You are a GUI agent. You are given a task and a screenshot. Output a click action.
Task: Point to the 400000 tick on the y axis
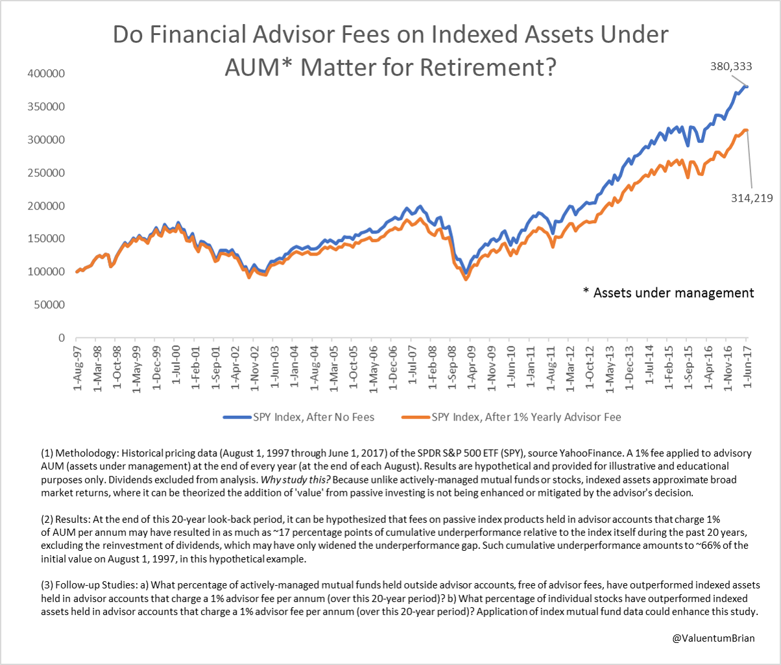pyautogui.click(x=45, y=74)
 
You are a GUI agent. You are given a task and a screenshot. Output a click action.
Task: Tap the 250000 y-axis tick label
pyautogui.click(x=45, y=173)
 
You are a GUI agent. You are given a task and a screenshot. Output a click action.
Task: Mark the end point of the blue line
pyautogui.click(x=747, y=86)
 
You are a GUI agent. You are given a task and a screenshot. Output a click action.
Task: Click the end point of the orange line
pyautogui.click(x=747, y=130)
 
